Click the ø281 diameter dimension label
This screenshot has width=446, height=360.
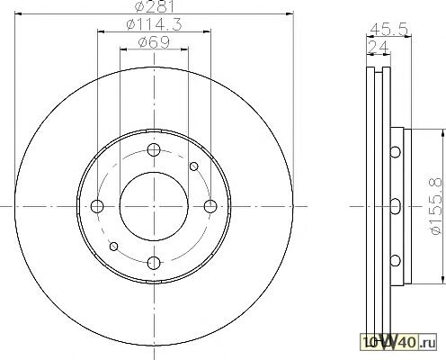(155, 6)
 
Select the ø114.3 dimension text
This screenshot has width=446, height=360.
(154, 24)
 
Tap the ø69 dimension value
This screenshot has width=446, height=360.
(154, 42)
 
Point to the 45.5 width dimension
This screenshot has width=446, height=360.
(388, 30)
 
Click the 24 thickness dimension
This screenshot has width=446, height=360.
(379, 47)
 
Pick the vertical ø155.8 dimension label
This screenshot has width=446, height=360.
(436, 206)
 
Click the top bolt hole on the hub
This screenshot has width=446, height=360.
(154, 149)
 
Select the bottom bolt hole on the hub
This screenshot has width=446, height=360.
(154, 263)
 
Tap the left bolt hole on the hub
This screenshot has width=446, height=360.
(97, 206)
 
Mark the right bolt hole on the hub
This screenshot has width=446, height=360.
(210, 206)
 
